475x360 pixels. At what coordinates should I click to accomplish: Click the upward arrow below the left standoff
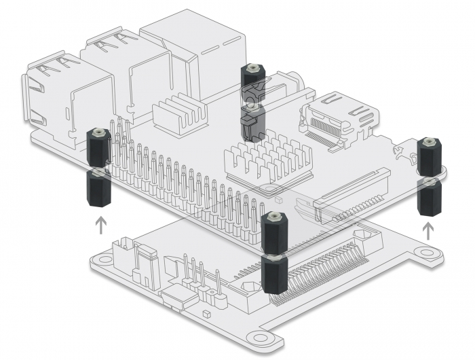click(100, 225)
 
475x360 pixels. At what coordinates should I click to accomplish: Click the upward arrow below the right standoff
click(427, 231)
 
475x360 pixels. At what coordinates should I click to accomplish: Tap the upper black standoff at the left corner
click(99, 145)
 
